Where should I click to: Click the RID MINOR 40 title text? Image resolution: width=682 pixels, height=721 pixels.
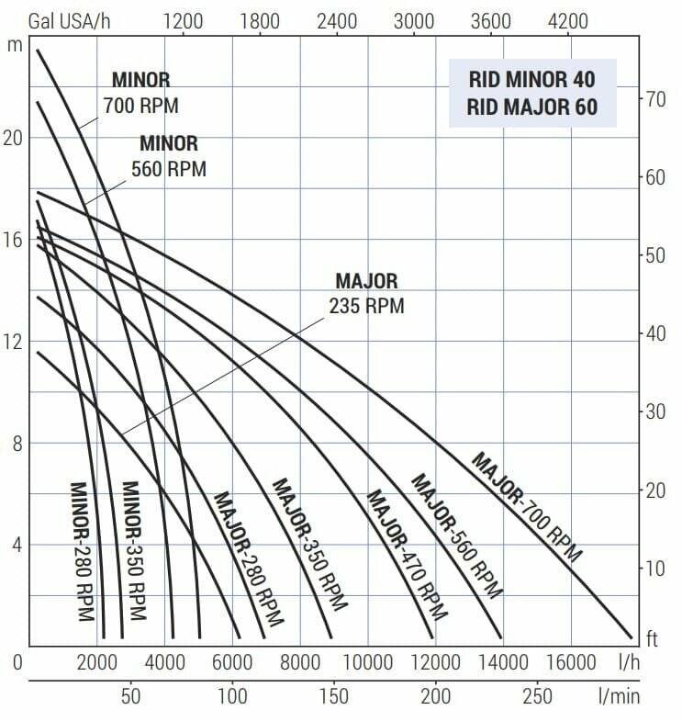[531, 81]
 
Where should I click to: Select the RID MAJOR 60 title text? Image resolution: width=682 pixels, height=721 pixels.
[531, 107]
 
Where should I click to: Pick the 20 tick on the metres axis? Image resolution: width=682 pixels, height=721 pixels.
[14, 138]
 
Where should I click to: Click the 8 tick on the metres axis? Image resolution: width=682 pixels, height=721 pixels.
[14, 444]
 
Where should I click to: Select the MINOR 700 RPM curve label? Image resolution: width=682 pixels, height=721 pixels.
[141, 93]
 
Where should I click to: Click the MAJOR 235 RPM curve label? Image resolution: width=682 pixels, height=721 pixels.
[366, 293]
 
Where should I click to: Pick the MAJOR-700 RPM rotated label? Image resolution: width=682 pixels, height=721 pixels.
[527, 506]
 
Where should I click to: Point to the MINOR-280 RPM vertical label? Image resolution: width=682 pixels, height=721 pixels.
[82, 551]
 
